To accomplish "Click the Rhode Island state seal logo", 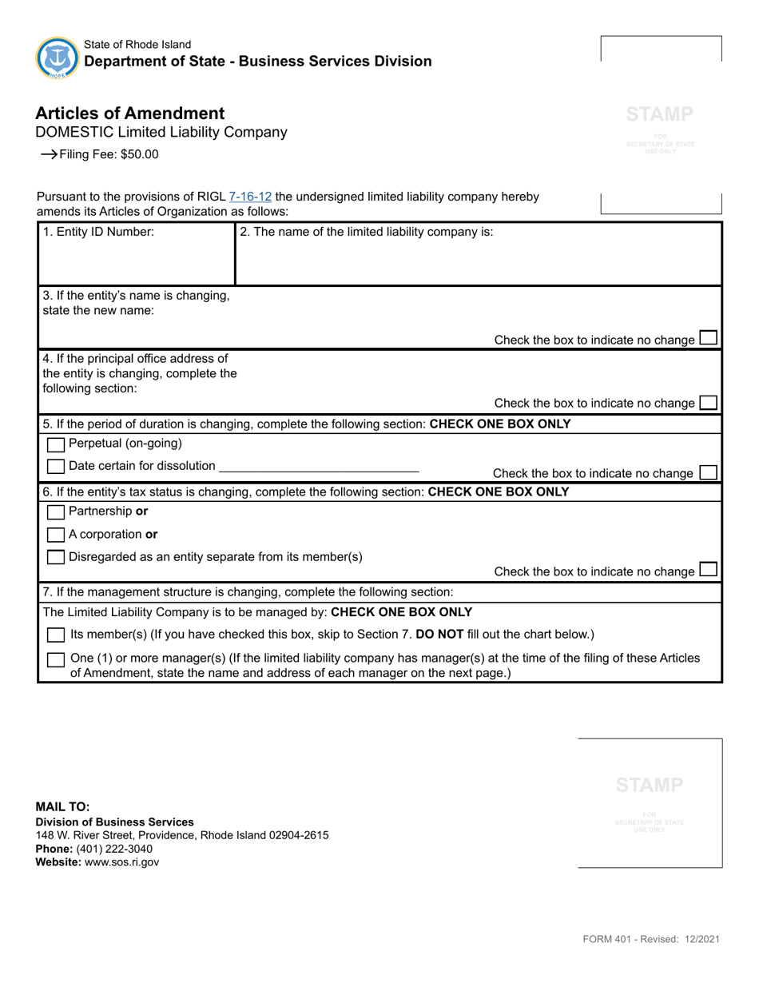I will (58, 57).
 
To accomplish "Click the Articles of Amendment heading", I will (130, 113).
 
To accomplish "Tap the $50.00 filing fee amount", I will (140, 155).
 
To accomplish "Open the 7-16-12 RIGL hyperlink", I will (250, 197).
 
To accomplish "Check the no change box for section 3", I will (708, 338).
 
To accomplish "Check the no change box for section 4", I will (708, 402).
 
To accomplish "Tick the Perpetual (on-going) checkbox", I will (56, 444).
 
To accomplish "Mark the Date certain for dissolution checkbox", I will (56, 466).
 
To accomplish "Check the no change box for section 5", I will (708, 472).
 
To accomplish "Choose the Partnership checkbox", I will (56, 511).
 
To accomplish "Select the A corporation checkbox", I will (56, 535).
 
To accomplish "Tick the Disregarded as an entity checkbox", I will (56, 557).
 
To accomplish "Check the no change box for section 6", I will (708, 570).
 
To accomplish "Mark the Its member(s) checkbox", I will (56, 635).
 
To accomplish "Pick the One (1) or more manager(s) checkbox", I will (56, 660).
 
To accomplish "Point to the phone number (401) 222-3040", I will (113, 849).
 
